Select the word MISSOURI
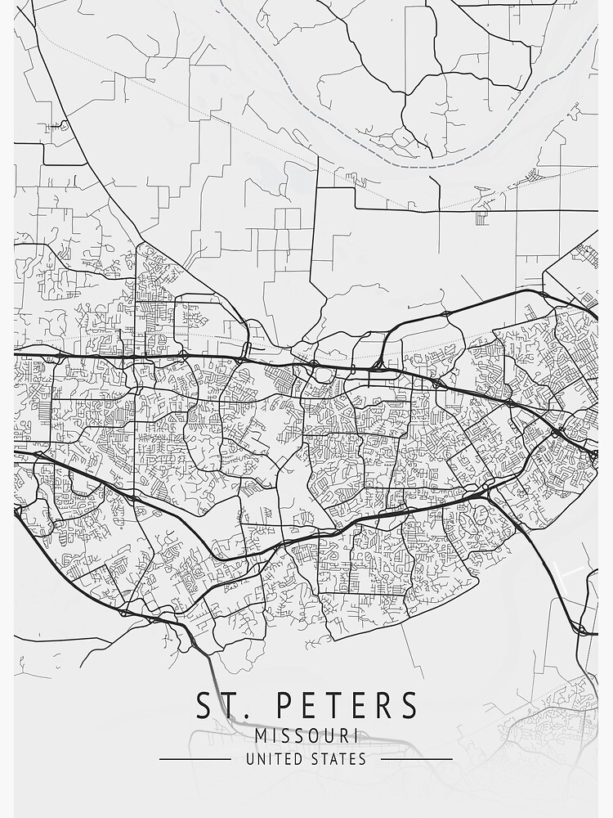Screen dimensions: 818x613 [306, 735]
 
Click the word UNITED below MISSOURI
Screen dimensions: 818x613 [274, 759]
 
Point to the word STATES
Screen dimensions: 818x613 [339, 759]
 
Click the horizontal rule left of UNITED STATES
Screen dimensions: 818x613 [195, 759]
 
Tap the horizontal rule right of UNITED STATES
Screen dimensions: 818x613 [417, 759]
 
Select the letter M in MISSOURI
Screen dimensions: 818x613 [261, 735]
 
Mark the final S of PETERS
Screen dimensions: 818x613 [409, 705]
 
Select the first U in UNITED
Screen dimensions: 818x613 [250, 759]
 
